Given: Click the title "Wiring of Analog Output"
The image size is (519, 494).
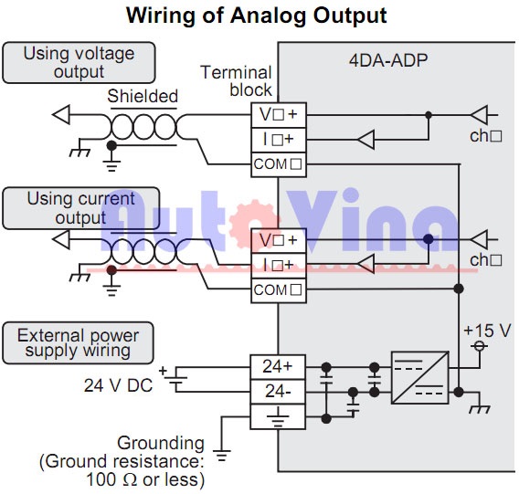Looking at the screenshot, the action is (x=257, y=16).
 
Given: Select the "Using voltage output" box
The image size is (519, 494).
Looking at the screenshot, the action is (x=79, y=62).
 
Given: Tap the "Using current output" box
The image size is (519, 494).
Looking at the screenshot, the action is (x=81, y=208).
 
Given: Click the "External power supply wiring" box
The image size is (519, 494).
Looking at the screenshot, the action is (x=78, y=342).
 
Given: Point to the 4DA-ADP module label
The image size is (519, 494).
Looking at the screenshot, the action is (x=388, y=60).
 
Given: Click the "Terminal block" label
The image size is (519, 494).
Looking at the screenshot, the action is (x=236, y=81).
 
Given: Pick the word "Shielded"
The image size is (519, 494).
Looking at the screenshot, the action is (x=143, y=96).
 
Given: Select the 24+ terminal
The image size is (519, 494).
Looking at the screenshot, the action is (x=278, y=367).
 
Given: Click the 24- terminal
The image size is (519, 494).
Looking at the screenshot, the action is (x=278, y=392).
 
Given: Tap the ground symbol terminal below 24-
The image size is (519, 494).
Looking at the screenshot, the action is (x=278, y=416).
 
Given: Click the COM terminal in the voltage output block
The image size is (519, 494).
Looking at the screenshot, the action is (x=279, y=164).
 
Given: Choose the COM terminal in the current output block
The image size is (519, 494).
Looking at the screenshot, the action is (x=279, y=290).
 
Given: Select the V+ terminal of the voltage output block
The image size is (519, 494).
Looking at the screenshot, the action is (x=279, y=115).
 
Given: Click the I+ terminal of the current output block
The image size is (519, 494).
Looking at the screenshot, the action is (x=279, y=266).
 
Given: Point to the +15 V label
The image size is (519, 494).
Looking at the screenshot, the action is (x=487, y=331).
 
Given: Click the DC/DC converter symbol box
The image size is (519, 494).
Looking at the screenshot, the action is (x=420, y=377).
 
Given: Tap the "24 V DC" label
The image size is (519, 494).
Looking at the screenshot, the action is (x=118, y=385).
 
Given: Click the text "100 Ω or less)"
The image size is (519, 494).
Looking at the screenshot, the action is (x=145, y=479).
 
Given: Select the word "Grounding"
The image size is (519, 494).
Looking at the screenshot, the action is (x=161, y=443).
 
